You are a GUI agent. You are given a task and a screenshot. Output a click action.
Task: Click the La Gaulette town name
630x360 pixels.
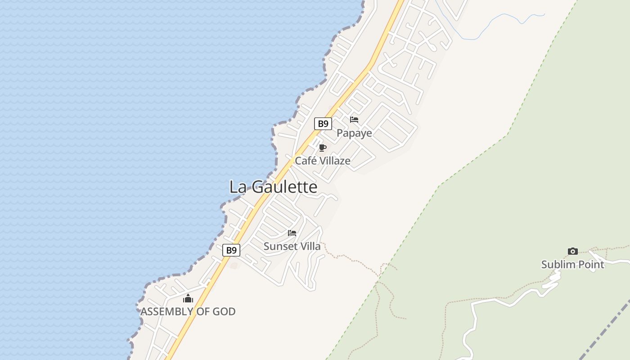[273, 187]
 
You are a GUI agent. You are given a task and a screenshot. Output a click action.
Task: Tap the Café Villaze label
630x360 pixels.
[322, 161]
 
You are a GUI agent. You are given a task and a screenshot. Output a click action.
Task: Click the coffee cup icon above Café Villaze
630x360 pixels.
[322, 148]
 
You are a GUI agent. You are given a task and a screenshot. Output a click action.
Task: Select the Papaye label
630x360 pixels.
[354, 133]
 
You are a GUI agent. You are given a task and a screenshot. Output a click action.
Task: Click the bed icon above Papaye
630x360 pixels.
[354, 120]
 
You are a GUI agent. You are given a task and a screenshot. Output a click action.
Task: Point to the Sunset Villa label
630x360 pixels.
[292, 246]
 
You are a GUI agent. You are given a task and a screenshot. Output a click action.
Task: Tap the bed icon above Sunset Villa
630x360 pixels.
[292, 233]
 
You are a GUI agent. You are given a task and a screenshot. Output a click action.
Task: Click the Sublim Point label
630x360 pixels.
[572, 264]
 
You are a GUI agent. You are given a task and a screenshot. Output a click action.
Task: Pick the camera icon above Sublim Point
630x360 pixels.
[572, 251]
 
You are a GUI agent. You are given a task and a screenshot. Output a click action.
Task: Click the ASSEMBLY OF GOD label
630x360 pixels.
[188, 311]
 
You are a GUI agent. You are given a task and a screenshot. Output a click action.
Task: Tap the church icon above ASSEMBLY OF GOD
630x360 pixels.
[188, 298]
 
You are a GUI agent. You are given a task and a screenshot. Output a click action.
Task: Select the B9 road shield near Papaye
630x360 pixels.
[323, 124]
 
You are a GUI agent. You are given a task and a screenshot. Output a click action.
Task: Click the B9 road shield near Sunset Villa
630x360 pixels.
[231, 250]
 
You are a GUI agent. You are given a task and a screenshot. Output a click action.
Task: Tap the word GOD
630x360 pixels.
[224, 311]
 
